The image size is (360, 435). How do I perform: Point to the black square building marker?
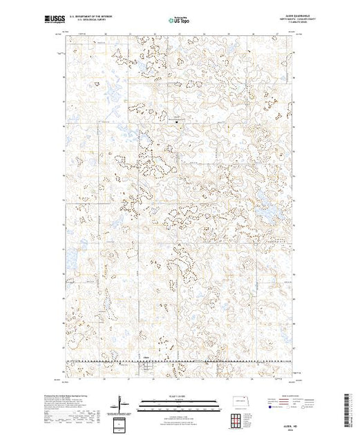coord(176,125)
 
